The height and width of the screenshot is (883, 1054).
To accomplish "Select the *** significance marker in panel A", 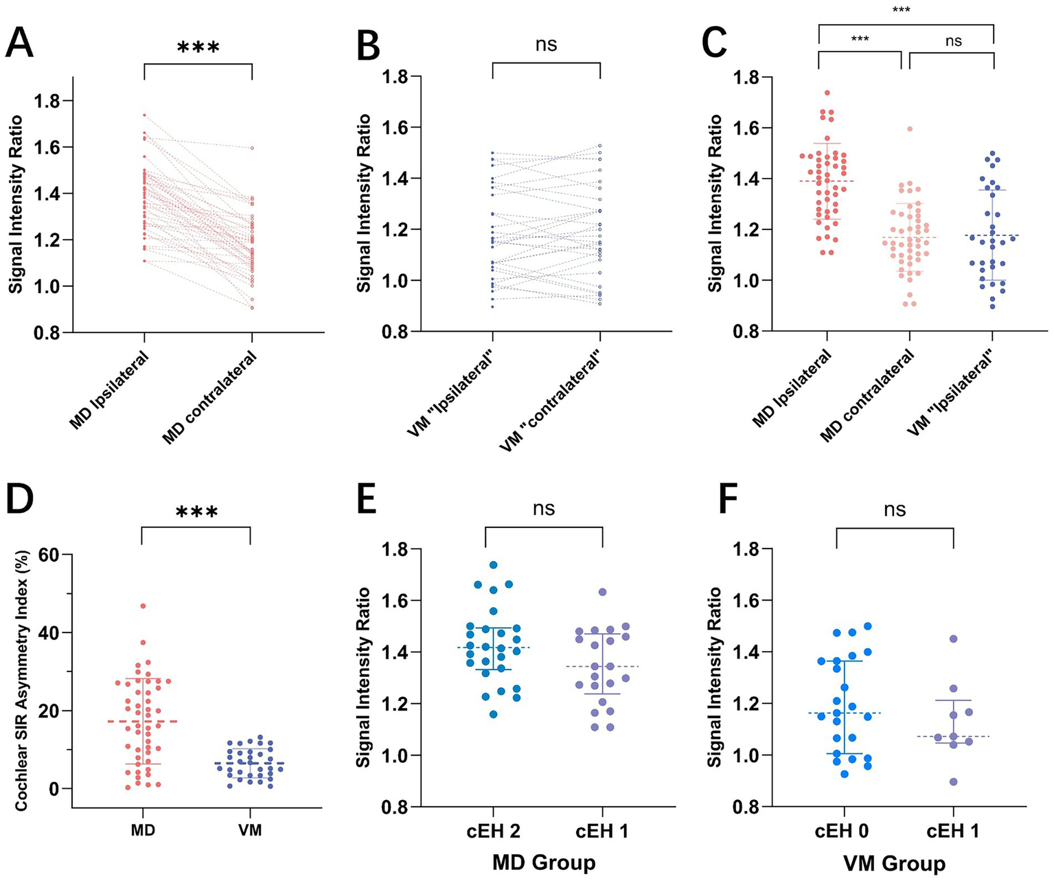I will click(x=198, y=49).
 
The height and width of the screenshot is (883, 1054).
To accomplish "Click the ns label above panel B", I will click(x=547, y=45).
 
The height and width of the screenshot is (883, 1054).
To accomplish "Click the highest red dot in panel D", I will click(x=143, y=606).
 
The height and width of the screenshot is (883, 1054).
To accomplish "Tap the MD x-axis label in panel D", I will click(x=142, y=830).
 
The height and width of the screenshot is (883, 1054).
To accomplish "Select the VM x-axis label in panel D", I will click(x=250, y=830).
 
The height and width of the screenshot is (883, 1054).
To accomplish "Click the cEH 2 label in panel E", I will click(x=491, y=832).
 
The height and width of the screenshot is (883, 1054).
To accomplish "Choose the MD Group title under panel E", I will click(x=544, y=862).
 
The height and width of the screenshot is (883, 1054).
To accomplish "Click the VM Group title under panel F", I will click(x=895, y=863).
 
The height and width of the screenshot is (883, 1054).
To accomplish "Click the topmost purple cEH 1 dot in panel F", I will click(x=954, y=639).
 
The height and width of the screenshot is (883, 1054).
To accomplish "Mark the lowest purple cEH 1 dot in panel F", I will click(x=954, y=781).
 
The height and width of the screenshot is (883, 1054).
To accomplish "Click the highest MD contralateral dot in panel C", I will click(x=910, y=129).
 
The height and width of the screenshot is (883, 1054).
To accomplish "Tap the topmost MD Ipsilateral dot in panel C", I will click(x=827, y=93).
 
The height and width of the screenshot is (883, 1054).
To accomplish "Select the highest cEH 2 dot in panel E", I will click(x=493, y=564).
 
